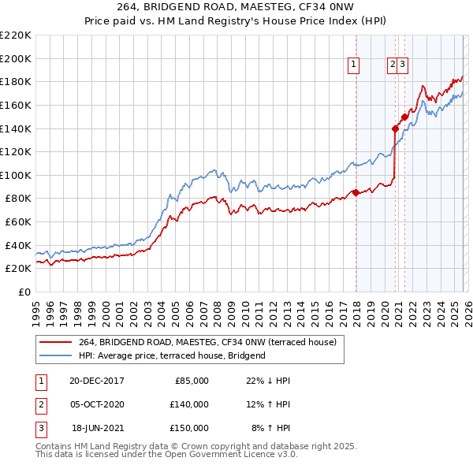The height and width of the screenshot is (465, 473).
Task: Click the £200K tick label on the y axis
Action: pos(16,58)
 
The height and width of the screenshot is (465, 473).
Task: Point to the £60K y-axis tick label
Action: pos(18,222)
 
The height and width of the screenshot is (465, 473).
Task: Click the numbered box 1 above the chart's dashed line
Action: pos(354,65)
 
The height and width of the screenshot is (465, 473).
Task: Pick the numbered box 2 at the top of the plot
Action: pos(392,65)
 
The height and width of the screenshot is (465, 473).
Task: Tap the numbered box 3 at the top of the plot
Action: pos(402,65)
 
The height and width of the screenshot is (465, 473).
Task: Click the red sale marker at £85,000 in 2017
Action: pos(356,192)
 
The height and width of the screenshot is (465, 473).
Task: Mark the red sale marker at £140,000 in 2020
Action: pos(395,128)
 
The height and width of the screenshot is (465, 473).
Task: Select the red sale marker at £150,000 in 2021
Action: pos(404,117)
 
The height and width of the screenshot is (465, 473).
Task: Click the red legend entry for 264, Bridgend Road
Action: pos(207,342)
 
